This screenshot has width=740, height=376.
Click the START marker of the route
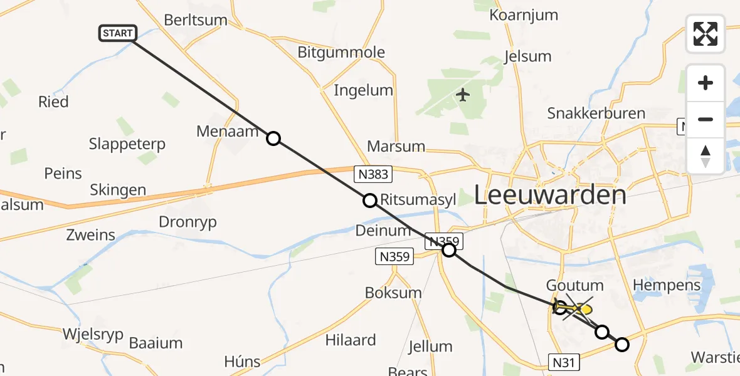(x=117, y=33)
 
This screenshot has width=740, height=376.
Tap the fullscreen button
(x=706, y=34)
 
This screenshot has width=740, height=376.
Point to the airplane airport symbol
(x=463, y=95)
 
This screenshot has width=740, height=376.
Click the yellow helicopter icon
(x=577, y=308)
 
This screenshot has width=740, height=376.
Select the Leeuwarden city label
(x=550, y=195)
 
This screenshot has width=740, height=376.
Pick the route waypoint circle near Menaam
(x=273, y=138)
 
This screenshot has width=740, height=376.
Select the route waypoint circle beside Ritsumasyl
(x=370, y=201)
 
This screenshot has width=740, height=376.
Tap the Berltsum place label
(x=196, y=19)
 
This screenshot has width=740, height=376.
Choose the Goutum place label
(x=575, y=286)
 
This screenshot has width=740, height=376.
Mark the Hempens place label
(x=667, y=285)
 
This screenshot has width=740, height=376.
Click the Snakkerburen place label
(x=596, y=113)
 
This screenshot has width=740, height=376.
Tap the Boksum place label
(x=394, y=293)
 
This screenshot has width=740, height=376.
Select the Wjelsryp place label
(x=93, y=333)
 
